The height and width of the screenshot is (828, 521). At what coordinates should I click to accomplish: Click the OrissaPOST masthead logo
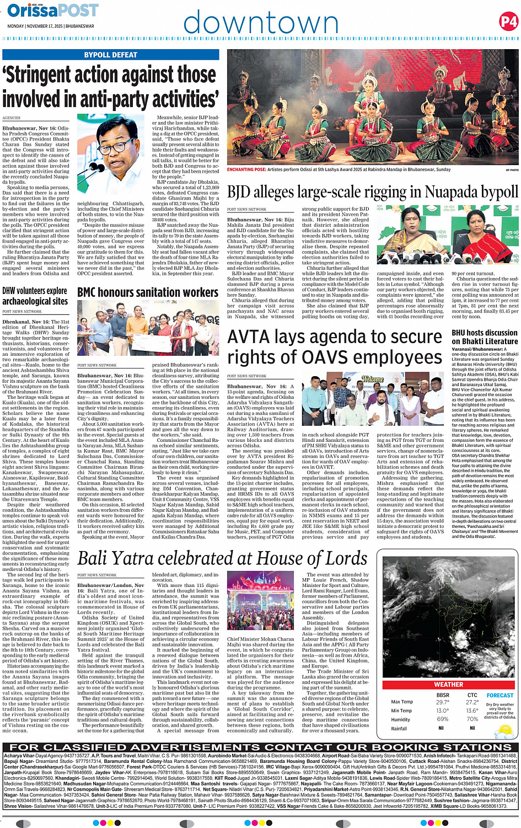[x=53, y=10]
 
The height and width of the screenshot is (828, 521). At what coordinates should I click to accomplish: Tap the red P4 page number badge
[x=508, y=22]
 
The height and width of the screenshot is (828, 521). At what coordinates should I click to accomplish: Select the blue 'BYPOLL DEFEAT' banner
[x=111, y=55]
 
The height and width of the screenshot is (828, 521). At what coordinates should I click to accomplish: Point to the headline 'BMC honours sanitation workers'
[x=148, y=292]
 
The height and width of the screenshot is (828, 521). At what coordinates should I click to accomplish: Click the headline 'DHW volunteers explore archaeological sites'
[x=35, y=296]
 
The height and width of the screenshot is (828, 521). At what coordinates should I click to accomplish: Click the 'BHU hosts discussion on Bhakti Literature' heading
[x=485, y=337]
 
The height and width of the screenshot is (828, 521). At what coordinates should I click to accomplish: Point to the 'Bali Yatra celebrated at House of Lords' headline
[x=222, y=558]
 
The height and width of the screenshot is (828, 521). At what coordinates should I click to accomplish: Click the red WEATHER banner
[x=449, y=684]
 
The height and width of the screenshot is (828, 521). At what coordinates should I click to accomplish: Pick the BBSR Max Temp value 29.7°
[x=442, y=702]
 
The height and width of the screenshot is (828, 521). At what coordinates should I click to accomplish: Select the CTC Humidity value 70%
[x=472, y=719]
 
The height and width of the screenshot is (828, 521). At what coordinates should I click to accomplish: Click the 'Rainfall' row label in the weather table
[x=399, y=729]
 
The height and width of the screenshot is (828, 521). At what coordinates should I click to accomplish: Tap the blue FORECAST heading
[x=500, y=696]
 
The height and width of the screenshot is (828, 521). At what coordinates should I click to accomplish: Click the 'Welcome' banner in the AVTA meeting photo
[x=372, y=379]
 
